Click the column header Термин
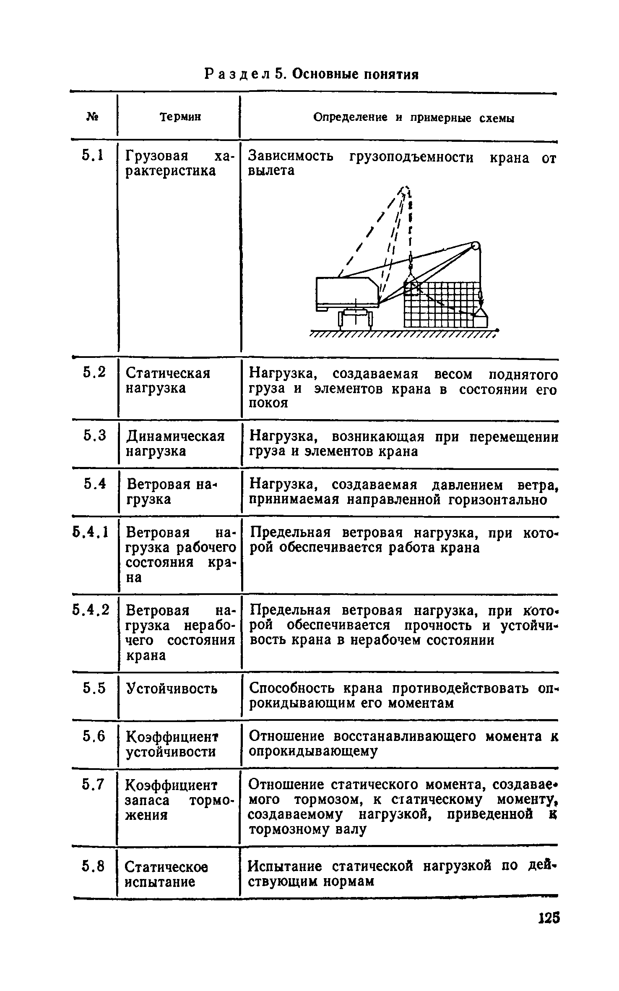tap(180, 117)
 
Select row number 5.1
tap(92, 156)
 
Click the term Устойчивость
tap(172, 688)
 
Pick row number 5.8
tap(93, 866)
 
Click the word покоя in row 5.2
tap(268, 403)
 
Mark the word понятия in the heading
tap(390, 74)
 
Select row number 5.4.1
tap(91, 532)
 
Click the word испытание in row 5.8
tap(160, 881)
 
